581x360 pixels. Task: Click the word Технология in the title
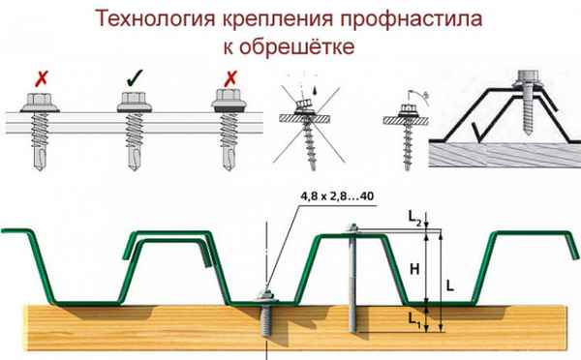(x=162, y=17)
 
